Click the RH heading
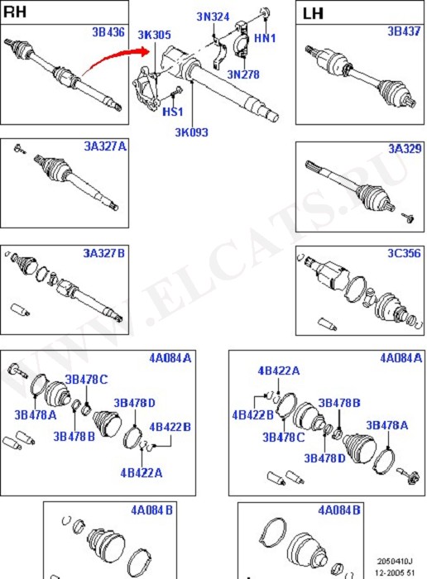[x=15, y=12]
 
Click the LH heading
[x=313, y=14]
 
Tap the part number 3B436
[x=108, y=32]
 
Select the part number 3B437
[x=404, y=31]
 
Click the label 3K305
[x=155, y=35]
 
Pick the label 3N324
[x=213, y=17]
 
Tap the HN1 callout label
[x=265, y=38]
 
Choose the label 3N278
[x=243, y=74]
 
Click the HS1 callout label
[x=173, y=111]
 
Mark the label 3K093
[x=191, y=132]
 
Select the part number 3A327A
[x=105, y=146]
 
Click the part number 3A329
[x=405, y=148]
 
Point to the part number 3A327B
[x=103, y=253]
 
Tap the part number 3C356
[x=404, y=253]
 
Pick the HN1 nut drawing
[x=265, y=12]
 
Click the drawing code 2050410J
[x=395, y=562]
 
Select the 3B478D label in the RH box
[x=134, y=403]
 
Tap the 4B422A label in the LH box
[x=279, y=371]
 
